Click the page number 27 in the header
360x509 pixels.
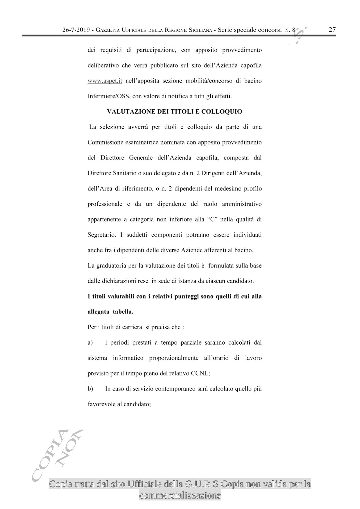(x=332, y=30)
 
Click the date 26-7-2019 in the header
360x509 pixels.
(x=77, y=30)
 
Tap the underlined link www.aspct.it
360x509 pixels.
(x=105, y=81)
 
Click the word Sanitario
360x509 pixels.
(x=123, y=173)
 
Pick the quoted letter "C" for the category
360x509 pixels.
(x=213, y=220)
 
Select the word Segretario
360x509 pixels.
(x=102, y=235)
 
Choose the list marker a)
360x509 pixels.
(x=90, y=343)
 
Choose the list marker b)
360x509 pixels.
(x=90, y=389)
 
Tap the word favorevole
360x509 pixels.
(x=100, y=404)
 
